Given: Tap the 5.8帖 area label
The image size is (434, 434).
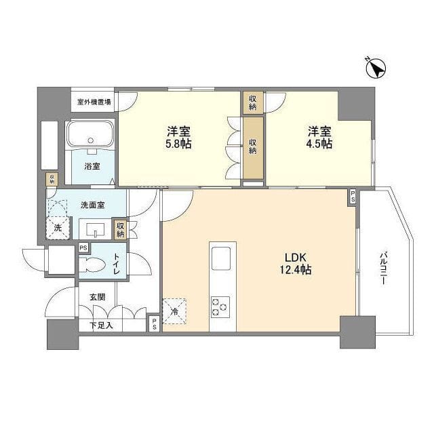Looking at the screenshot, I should click(x=176, y=144).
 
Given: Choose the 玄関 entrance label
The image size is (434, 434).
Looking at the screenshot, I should click(x=97, y=296).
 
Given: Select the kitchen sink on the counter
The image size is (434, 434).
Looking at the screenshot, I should click(x=222, y=258).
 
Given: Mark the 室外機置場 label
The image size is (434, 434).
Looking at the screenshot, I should click(x=94, y=102).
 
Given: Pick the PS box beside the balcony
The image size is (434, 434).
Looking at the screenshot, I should click(x=352, y=197).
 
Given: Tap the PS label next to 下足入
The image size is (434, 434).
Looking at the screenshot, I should click(x=154, y=325).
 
